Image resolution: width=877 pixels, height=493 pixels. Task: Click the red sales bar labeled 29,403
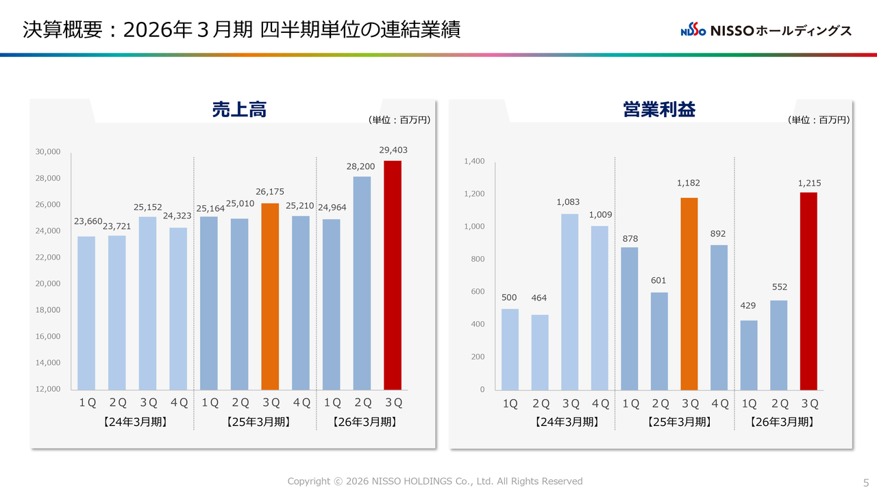point(393,275)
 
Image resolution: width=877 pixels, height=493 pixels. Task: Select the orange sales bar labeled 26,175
point(270,296)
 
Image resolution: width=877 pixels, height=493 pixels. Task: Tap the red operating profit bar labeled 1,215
point(808,291)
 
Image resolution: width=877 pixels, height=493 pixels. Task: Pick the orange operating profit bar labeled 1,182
point(689,294)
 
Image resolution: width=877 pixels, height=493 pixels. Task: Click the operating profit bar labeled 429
point(749,355)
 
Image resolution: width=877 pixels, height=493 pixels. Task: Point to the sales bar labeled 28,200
point(362,283)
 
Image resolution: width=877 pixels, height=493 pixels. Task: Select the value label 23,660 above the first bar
point(88,221)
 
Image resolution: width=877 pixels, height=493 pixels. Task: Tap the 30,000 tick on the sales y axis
point(48,152)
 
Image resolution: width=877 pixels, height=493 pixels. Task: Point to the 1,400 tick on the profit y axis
point(474,162)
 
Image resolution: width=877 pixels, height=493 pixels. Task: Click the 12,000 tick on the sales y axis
point(48,389)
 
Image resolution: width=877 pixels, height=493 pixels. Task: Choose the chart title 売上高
point(239,110)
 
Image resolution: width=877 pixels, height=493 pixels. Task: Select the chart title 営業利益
point(659,110)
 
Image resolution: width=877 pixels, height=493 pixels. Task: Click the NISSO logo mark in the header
point(693,31)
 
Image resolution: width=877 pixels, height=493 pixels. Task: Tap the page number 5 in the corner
point(865,481)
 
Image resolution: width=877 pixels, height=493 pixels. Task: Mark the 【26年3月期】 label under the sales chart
point(365,422)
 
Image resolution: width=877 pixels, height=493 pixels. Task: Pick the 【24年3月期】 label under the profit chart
point(566,422)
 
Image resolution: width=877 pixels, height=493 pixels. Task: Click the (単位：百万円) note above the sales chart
point(399,120)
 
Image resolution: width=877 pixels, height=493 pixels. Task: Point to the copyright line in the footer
point(434,481)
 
